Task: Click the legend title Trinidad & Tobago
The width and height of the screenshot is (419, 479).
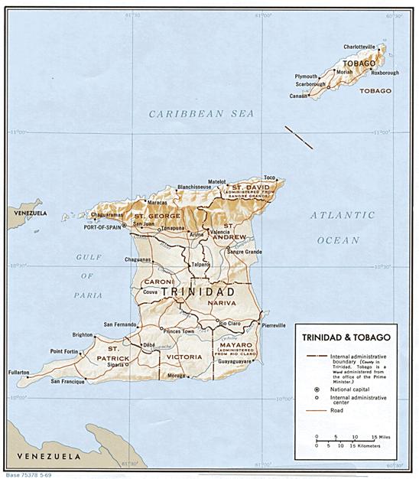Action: [x=346, y=337]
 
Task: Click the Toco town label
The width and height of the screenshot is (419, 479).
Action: [x=269, y=177]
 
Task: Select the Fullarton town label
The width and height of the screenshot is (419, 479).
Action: [x=18, y=373]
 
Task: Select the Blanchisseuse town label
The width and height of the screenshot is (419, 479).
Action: [x=196, y=186]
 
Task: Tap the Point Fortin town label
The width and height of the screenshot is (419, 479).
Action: [x=66, y=351]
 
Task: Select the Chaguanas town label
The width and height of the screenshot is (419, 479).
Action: [x=119, y=259]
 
